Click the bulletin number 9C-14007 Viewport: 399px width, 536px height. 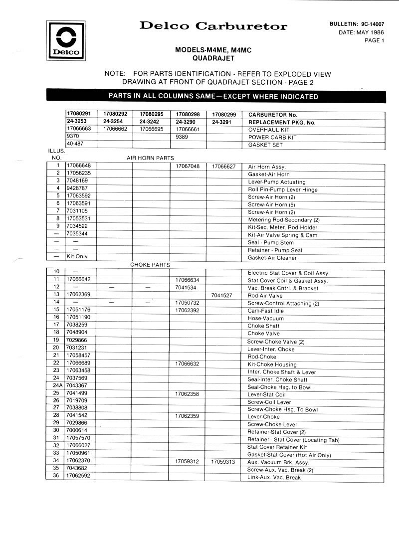tap(368, 24)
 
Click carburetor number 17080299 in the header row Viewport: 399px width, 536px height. tap(224, 114)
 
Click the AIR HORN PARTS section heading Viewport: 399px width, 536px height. tap(150, 158)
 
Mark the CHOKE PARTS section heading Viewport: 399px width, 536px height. tap(150, 265)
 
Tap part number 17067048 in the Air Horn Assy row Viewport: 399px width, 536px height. tap(188, 166)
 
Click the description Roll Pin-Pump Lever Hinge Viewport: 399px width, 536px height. tap(282, 189)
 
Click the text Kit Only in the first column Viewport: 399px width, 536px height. tap(77, 257)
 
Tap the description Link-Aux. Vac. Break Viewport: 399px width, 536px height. tap(274, 477)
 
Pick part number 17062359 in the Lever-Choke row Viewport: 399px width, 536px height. tap(188, 415)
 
